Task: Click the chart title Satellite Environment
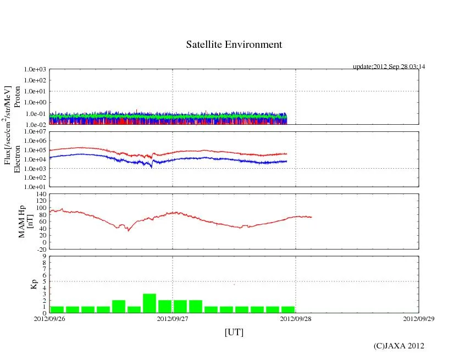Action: click(x=234, y=45)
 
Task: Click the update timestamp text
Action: click(x=389, y=67)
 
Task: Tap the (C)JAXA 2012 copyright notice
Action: click(x=398, y=346)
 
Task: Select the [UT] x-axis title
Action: click(x=234, y=332)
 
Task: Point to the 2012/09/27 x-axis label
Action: click(x=173, y=318)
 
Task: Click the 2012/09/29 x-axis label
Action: click(x=418, y=318)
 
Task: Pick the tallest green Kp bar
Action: click(x=150, y=303)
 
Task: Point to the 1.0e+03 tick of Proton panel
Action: click(x=36, y=70)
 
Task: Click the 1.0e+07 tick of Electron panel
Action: click(x=36, y=132)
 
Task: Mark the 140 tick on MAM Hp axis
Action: click(x=41, y=194)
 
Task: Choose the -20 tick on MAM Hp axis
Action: click(x=41, y=249)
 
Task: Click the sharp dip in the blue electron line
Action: click(x=152, y=167)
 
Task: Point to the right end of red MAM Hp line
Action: click(x=311, y=217)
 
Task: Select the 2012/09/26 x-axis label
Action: click(x=49, y=318)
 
